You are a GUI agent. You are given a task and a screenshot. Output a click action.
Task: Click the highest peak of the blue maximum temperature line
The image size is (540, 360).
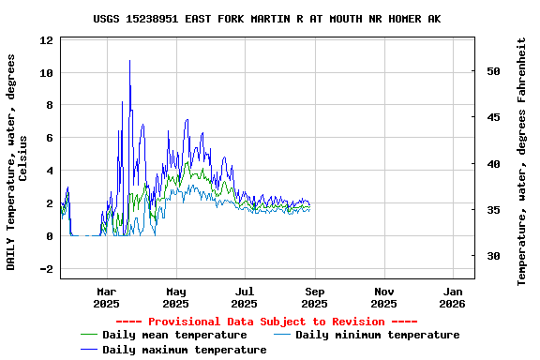tap(129, 61)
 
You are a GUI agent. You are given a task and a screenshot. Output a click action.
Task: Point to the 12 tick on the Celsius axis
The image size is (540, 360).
tap(47, 40)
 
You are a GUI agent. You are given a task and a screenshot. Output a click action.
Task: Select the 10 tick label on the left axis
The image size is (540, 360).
tap(47, 73)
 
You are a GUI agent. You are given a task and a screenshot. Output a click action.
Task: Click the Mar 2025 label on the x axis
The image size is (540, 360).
tap(106, 297)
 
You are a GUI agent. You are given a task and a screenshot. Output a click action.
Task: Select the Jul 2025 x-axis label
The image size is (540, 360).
tap(244, 297)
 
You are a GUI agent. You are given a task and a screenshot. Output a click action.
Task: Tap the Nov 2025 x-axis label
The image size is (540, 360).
tap(383, 297)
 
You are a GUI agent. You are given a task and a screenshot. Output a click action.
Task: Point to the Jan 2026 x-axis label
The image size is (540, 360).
tap(452, 297)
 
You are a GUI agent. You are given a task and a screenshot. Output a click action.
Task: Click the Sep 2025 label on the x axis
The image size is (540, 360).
tap(314, 297)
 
